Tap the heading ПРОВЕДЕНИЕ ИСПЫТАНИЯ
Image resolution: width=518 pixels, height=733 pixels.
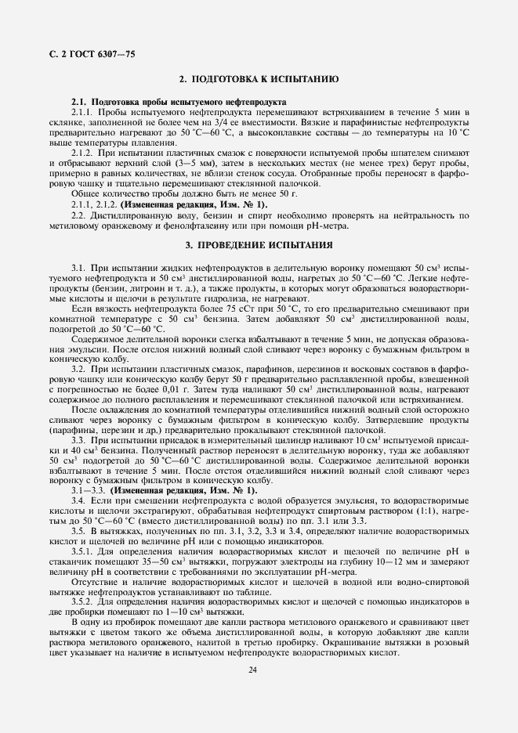[x=258, y=245]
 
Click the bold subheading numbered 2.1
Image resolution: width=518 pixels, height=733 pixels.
[x=178, y=103]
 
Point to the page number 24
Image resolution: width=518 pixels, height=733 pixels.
[x=252, y=670]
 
